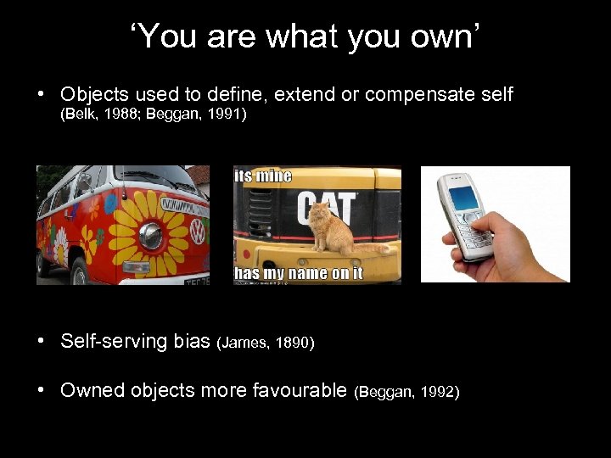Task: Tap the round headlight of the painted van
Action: (x=151, y=236)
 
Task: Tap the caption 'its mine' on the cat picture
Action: (x=263, y=176)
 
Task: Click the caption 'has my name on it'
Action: (x=298, y=272)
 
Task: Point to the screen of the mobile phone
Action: (x=463, y=196)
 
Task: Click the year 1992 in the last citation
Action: (x=434, y=392)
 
